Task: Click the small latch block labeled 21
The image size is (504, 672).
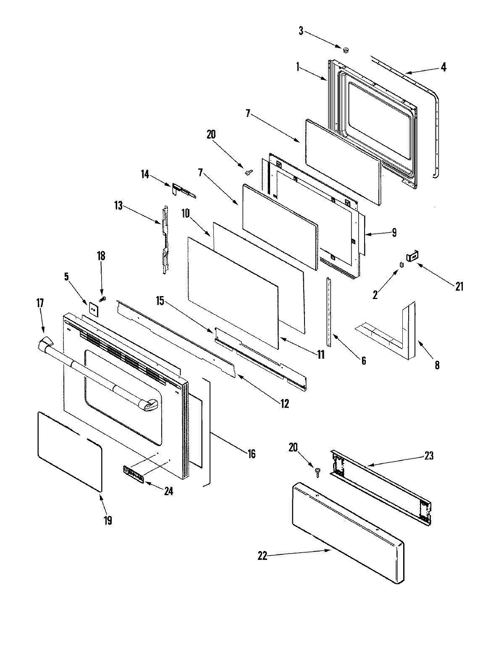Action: tap(412, 255)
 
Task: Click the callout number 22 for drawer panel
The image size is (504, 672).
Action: tap(262, 556)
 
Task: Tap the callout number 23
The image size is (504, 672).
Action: tap(428, 455)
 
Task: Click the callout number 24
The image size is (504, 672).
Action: tap(168, 491)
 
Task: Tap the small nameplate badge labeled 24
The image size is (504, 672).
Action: tap(134, 474)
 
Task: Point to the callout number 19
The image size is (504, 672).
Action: tap(108, 520)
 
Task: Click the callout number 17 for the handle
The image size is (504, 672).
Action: tap(40, 303)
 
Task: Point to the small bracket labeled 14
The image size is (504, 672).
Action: tap(178, 189)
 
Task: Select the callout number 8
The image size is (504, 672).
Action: tap(437, 365)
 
